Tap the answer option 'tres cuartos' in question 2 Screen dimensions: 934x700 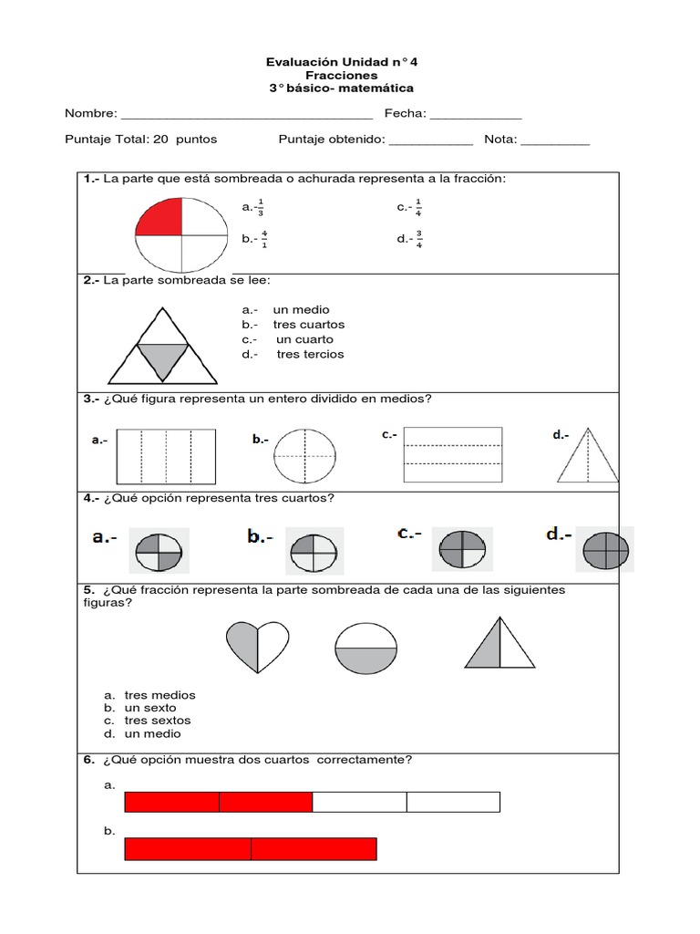pos(308,325)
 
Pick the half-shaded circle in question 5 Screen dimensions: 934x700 pos(366,647)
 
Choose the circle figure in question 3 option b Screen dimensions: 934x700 pos(304,455)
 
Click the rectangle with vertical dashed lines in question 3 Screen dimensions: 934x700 pos(166,455)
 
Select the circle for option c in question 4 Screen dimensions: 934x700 pos(461,550)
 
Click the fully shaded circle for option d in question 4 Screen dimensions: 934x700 pos(605,550)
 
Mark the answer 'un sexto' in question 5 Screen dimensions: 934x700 pos(150,708)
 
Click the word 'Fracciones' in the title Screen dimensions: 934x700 pos(342,76)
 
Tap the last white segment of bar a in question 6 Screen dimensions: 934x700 pos(453,802)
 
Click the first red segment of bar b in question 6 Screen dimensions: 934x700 pos(188,849)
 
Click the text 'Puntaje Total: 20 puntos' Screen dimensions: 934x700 pos(140,140)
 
